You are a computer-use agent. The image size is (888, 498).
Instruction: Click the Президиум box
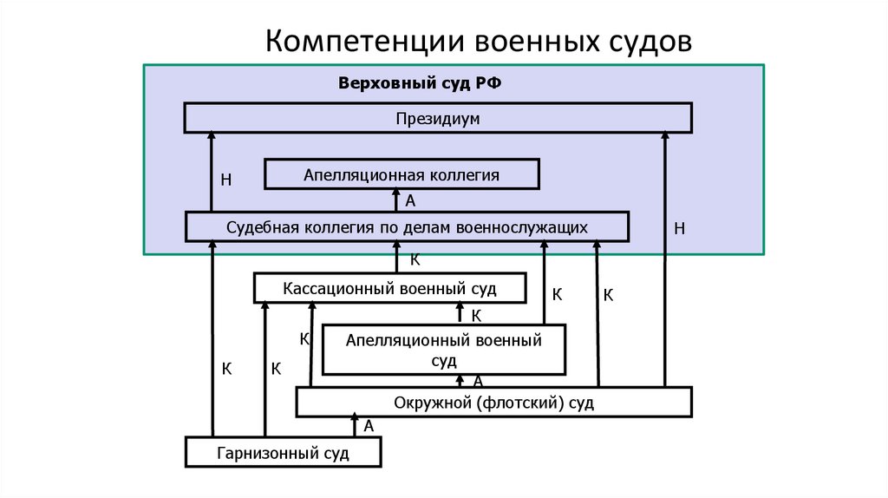point(437,118)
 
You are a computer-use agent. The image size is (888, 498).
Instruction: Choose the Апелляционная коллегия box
point(402,175)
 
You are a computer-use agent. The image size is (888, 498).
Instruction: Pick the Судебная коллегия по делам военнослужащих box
point(407,227)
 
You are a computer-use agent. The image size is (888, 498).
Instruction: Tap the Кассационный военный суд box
point(390,288)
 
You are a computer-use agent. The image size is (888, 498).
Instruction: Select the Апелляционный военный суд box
point(443,350)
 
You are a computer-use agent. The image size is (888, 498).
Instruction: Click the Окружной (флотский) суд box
point(493,403)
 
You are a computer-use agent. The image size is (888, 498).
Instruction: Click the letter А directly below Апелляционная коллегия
point(411,201)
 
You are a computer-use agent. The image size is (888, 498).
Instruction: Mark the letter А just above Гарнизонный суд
point(369,426)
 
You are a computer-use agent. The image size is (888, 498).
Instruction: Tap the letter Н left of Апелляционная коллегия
point(226,180)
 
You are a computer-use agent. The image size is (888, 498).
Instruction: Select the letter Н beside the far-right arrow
point(680,229)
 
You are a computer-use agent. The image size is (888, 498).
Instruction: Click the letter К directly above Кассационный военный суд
point(415,259)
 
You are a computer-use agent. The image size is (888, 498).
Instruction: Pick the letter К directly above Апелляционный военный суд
point(476,315)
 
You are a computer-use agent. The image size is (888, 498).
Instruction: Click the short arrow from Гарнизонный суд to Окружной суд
point(354,427)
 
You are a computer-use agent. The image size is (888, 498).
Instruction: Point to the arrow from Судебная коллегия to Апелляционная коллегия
point(398,200)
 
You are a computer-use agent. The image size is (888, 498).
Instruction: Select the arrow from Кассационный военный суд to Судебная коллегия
point(398,258)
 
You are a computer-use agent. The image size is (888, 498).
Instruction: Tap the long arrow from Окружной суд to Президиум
point(664,260)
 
